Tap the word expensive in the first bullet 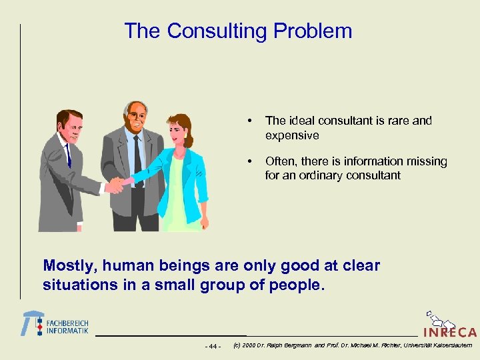[x=292, y=135]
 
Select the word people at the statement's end [x=299, y=285]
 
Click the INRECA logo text [x=449, y=331]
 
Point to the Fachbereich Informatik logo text [x=67, y=327]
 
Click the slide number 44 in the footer [x=213, y=346]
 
